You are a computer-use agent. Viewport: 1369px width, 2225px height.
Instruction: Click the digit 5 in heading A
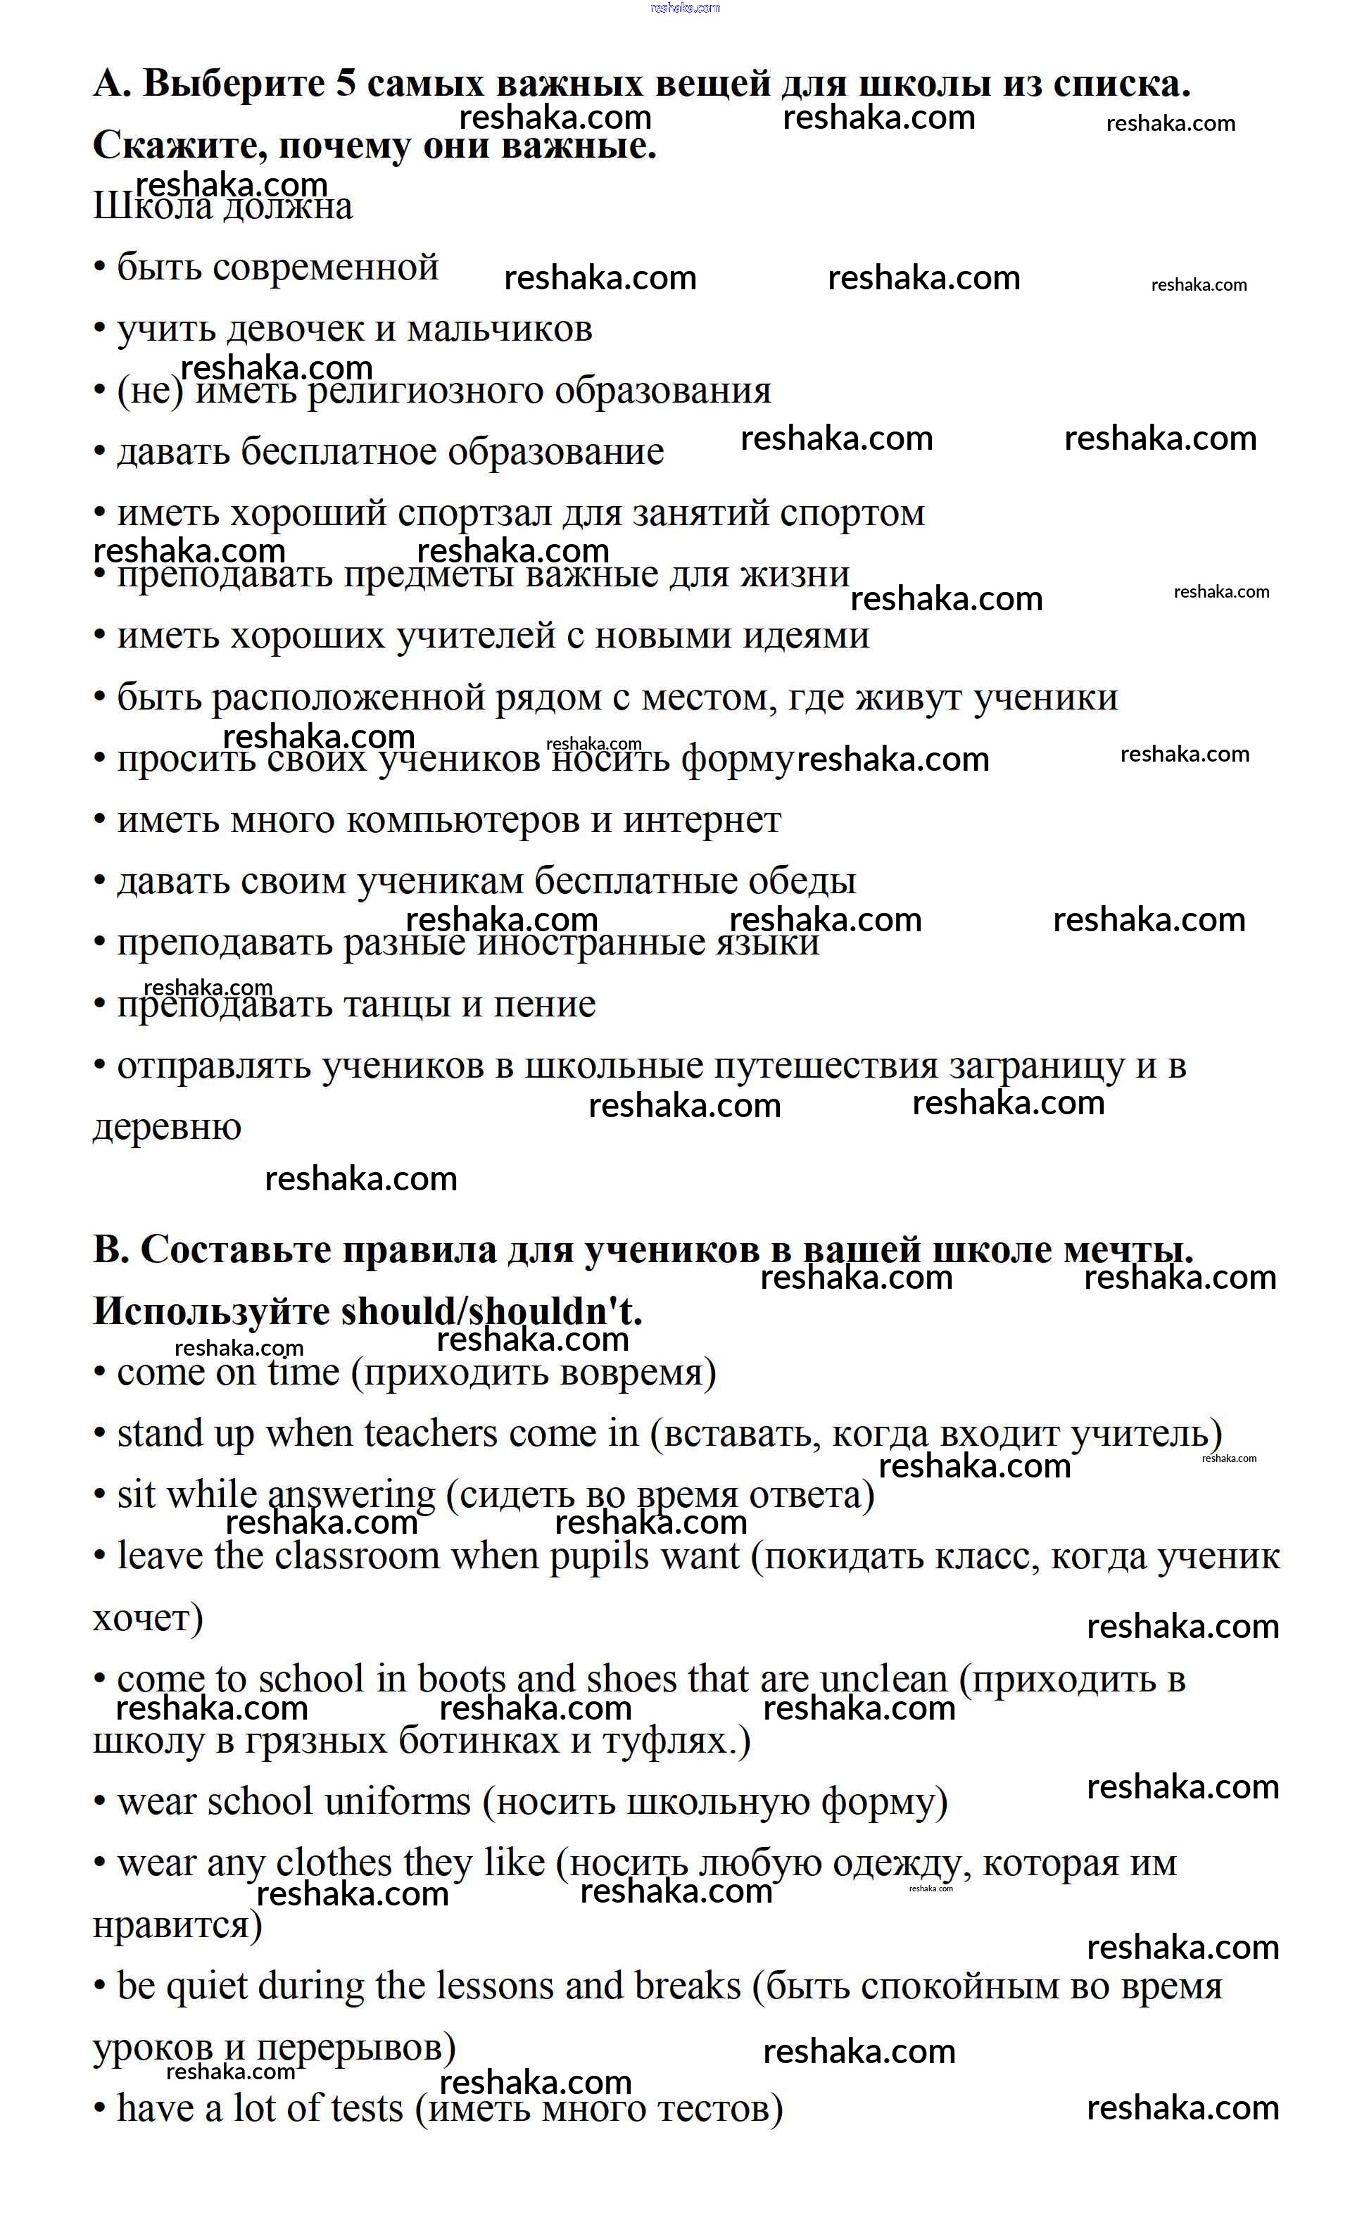point(347,84)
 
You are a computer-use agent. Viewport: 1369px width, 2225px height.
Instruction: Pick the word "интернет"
point(702,820)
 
